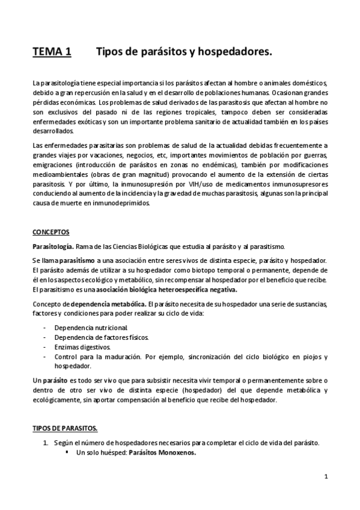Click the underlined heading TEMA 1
(x=52, y=53)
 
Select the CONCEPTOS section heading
(x=51, y=232)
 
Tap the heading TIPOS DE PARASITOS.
(x=65, y=428)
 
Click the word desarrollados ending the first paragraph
(x=53, y=130)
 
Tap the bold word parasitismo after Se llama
(x=76, y=260)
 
